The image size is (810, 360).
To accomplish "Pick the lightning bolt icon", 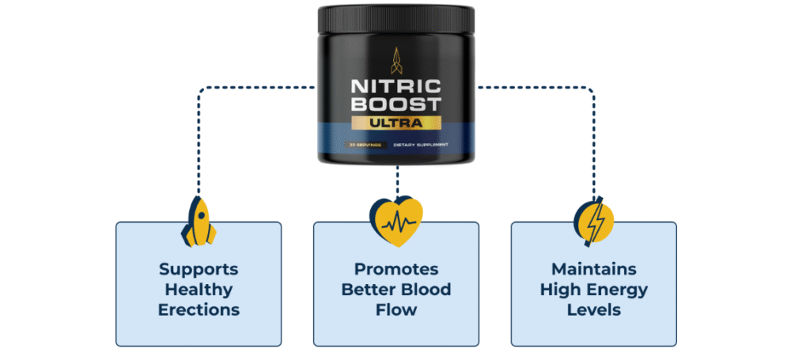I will tap(593, 220).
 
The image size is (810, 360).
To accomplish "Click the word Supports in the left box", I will tap(198, 269).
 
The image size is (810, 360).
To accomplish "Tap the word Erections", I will tap(198, 309).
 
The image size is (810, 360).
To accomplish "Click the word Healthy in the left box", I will tap(198, 289).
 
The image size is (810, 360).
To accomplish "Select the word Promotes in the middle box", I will tap(396, 269).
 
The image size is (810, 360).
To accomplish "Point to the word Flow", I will tap(396, 309).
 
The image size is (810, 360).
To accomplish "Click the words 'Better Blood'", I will tap(396, 289).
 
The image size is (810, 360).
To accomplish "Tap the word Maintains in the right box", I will tap(593, 269).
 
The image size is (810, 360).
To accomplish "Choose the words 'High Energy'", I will tap(593, 289).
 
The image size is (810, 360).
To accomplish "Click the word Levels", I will tap(593, 309).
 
